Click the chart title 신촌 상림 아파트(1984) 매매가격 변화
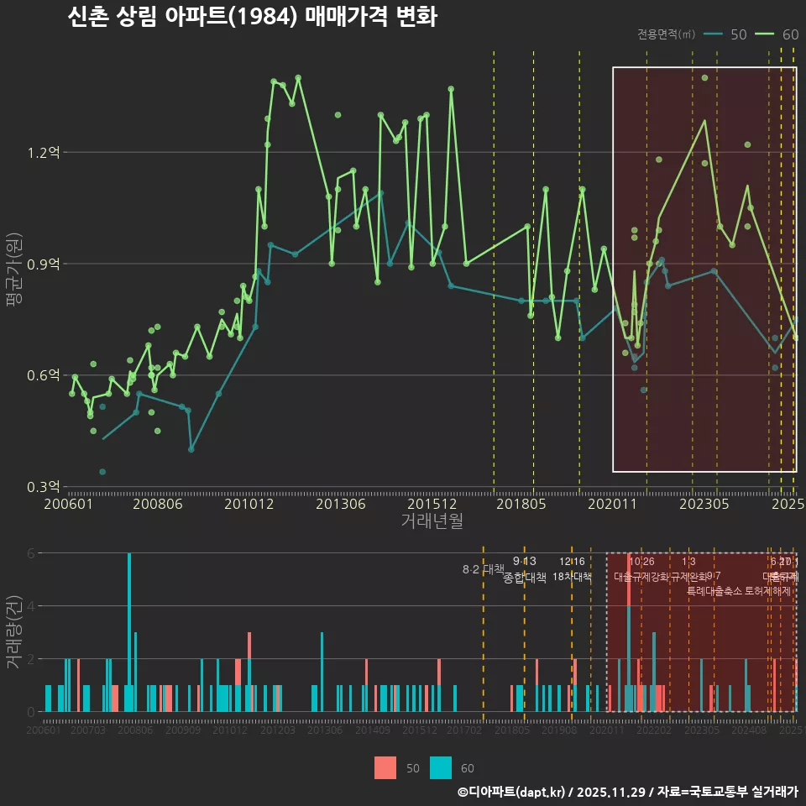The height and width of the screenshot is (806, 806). tap(252, 18)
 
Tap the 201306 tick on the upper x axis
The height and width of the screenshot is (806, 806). tap(340, 504)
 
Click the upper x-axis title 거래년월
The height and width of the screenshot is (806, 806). tap(432, 521)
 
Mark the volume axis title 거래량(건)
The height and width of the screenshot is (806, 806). tap(13, 632)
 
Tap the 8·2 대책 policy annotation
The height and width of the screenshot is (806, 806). tap(483, 569)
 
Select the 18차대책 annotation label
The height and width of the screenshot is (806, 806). tap(572, 576)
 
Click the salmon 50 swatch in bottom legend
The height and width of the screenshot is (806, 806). tap(385, 767)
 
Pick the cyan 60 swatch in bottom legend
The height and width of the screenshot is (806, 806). tap(440, 767)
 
